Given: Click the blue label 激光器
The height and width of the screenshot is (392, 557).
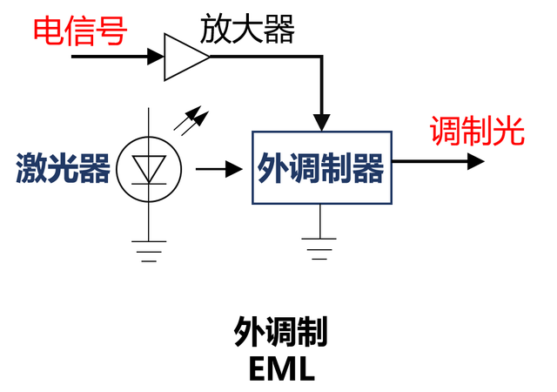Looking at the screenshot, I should pos(64,168).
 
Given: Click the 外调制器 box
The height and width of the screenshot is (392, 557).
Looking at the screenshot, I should pos(321,168).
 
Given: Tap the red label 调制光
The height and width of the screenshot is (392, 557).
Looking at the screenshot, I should pos(477,132).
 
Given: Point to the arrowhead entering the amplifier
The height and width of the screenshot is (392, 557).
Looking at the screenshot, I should pos(156,57).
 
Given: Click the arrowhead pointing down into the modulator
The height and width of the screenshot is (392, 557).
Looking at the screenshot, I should pos(322,121).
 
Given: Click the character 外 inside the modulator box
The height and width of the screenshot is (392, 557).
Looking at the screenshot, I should pos(273,169).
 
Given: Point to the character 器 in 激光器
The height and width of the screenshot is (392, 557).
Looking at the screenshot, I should pos(95,168).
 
